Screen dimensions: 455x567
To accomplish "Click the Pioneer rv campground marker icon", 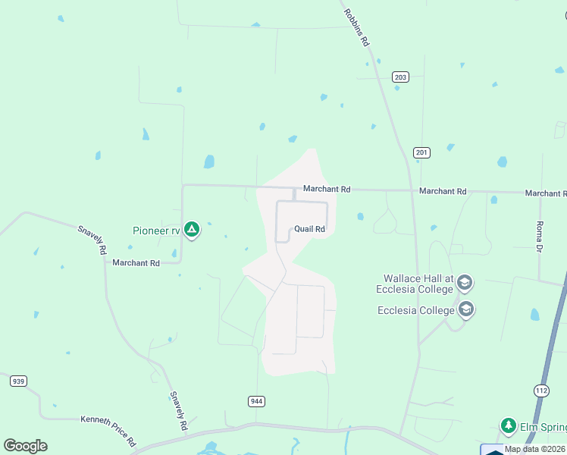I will [x=193, y=228].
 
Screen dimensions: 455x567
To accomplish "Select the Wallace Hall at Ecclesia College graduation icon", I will [x=465, y=283].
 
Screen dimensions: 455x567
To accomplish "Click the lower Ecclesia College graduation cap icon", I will [x=466, y=309].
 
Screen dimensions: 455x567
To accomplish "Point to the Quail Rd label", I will [x=309, y=229].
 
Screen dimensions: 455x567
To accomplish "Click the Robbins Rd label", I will [x=356, y=28].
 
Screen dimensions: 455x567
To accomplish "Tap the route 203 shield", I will [x=400, y=77].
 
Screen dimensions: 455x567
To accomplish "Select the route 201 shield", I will [x=422, y=152].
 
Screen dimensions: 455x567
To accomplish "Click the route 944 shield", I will [x=256, y=400].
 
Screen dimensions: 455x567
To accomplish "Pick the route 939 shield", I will [x=19, y=381].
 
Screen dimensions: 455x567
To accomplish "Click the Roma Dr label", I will [x=540, y=236].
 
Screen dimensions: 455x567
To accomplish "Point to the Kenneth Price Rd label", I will [x=108, y=430].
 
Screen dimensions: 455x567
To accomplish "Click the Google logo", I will [x=26, y=446].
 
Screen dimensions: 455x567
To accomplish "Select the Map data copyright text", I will [x=534, y=449].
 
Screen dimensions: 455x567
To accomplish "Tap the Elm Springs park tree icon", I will [x=509, y=425].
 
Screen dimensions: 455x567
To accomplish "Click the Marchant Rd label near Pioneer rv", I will [x=136, y=263].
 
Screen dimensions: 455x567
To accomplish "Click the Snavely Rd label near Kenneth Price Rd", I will [x=178, y=410].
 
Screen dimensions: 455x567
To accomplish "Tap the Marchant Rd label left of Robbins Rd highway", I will [x=327, y=189].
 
